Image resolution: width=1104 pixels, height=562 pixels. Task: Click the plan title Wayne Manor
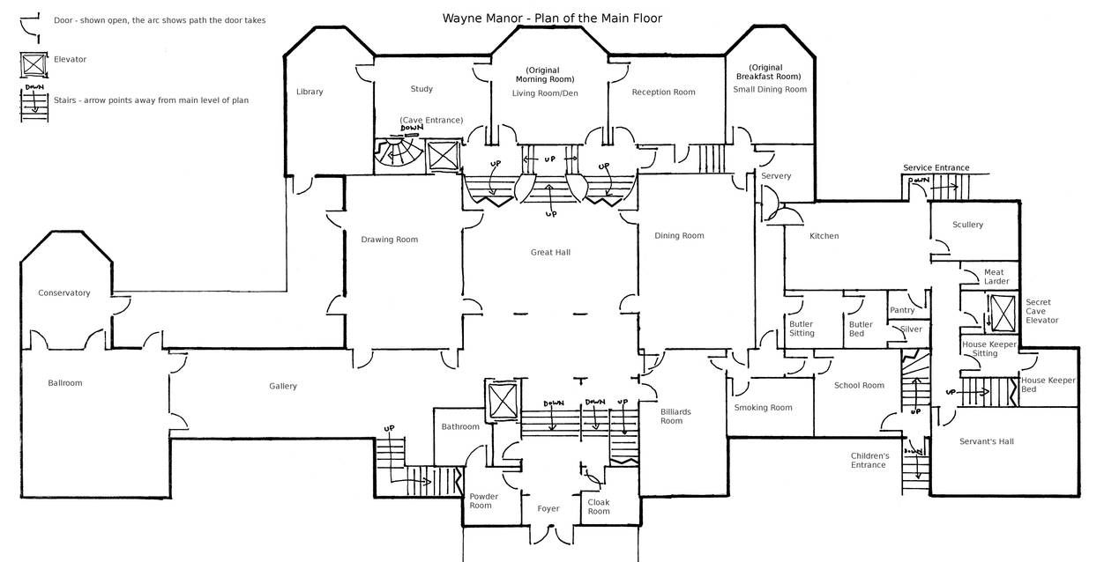pos(482,18)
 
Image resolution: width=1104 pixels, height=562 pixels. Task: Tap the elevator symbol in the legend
pos(34,64)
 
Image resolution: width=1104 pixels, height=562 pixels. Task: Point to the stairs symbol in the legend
pos(34,103)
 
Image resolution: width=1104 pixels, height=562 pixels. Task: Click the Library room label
pos(310,92)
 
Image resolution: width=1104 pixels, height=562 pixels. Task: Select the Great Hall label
pos(550,252)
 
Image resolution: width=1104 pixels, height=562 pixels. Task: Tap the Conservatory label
pos(64,293)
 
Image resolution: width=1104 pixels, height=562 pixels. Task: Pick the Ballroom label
pos(65,383)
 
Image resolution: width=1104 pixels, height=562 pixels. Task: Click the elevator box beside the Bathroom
pos(503,401)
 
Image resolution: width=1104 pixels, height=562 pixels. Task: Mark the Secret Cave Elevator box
pos(1003,314)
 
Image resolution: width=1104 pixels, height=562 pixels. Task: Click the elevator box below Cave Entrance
pos(444,157)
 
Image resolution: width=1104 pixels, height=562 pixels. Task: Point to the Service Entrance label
pos(936,168)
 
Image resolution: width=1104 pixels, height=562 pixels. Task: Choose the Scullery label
pos(967,225)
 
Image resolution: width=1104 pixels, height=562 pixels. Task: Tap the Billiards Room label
pos(675,416)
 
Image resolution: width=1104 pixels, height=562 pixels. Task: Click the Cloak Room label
pos(599,507)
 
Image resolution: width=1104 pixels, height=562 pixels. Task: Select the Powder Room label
pos(483,501)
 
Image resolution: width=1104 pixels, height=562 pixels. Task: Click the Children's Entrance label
pos(870,461)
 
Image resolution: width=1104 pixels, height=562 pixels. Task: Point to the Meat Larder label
pos(996,277)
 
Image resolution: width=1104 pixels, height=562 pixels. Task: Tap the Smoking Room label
pos(763,408)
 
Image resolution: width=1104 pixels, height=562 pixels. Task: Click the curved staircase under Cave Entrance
pos(399,153)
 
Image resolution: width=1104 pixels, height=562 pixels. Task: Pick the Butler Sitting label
pos(802,329)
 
